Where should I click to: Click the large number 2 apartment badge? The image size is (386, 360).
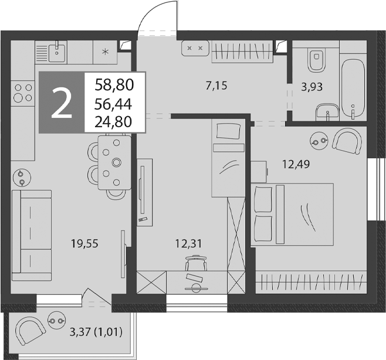click(x=62, y=103)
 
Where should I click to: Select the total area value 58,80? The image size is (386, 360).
click(x=114, y=85)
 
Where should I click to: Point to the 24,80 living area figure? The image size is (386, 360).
click(x=113, y=121)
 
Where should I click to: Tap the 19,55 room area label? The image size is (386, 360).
click(x=84, y=243)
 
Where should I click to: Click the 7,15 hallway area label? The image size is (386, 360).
click(x=216, y=86)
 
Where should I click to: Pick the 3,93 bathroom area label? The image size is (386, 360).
click(x=312, y=87)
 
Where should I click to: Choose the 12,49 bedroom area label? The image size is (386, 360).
click(x=296, y=164)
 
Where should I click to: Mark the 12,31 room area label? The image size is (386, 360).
click(x=188, y=243)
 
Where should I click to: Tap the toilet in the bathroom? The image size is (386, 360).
click(x=317, y=60)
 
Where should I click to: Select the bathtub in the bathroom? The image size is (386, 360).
click(x=353, y=89)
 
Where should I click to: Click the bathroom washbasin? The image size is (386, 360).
click(x=327, y=112)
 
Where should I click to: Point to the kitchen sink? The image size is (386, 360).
click(x=57, y=52)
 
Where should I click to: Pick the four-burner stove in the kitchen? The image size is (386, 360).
click(x=23, y=93)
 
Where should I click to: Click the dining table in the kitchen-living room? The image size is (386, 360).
click(x=114, y=162)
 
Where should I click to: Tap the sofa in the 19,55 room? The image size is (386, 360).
click(x=32, y=235)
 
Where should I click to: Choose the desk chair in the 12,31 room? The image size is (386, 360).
click(x=196, y=263)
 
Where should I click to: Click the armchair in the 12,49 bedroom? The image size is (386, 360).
click(x=348, y=141)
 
